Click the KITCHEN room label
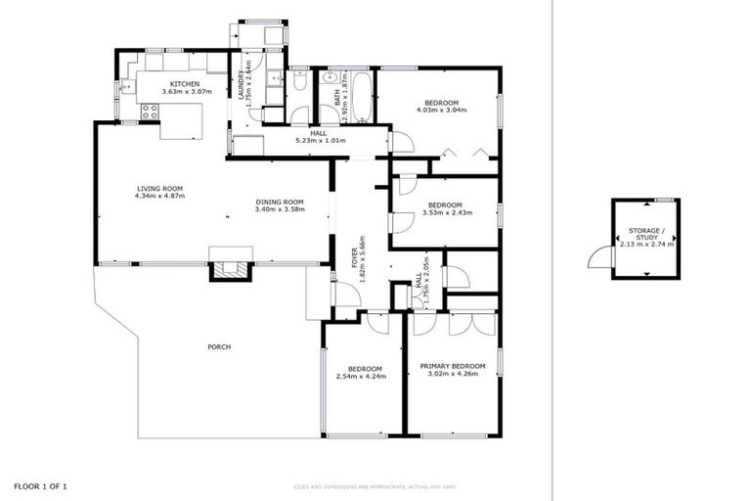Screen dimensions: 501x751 point(185,84)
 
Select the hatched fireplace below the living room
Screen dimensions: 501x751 point(231,271)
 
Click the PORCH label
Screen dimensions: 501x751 point(219,347)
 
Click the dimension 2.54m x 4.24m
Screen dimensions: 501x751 point(361,376)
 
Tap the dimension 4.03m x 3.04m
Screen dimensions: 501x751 point(444,110)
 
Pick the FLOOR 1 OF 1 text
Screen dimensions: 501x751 point(40,486)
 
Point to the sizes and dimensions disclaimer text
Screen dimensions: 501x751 point(375,486)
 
